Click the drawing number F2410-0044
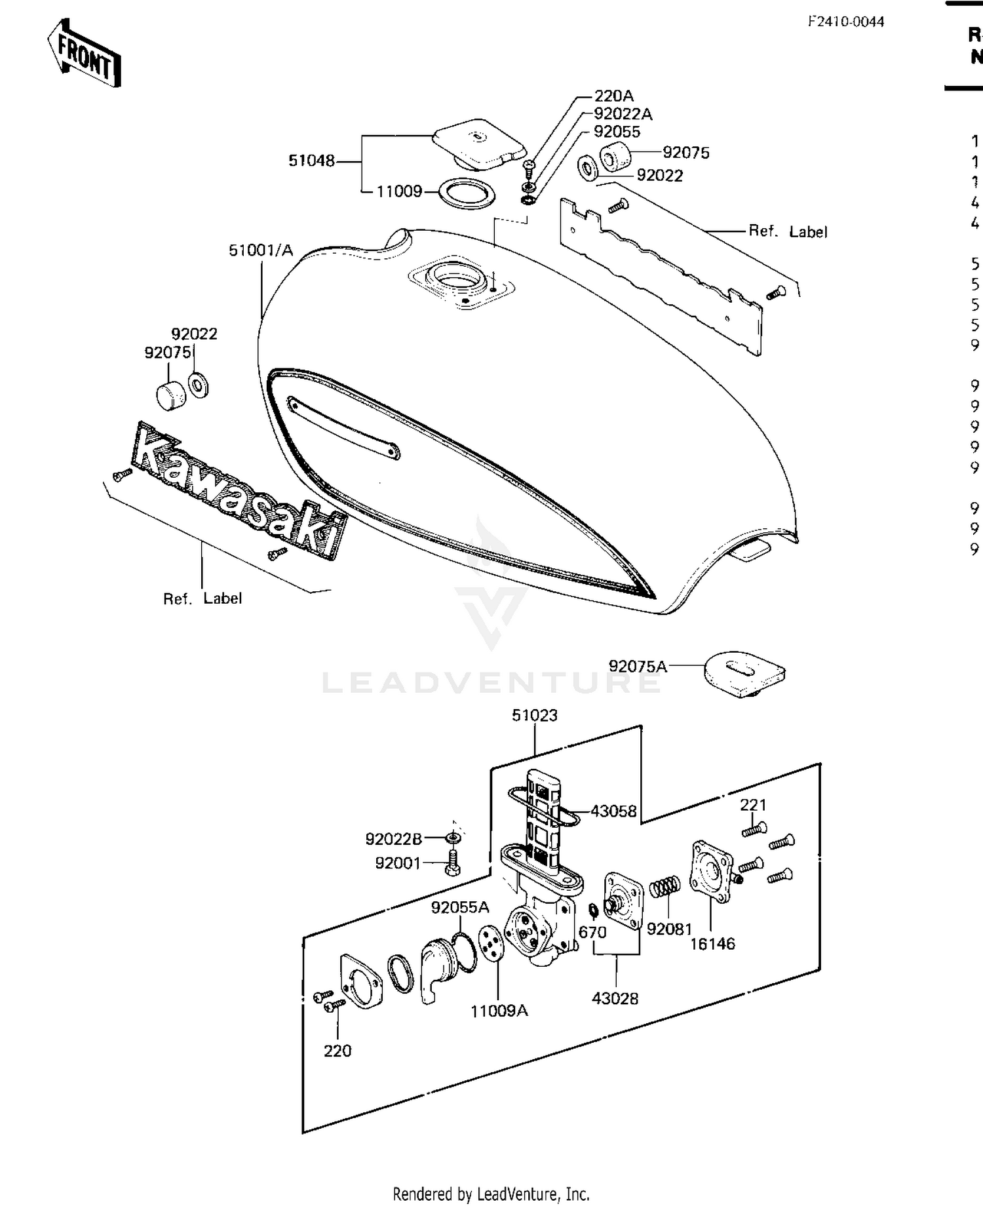tap(845, 22)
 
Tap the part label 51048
tap(311, 161)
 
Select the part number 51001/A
tap(261, 250)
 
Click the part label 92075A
tap(638, 667)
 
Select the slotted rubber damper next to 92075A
tap(744, 673)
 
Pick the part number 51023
tap(535, 715)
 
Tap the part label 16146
tap(712, 944)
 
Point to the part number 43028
tap(615, 998)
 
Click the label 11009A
tap(499, 1011)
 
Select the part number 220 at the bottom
tap(337, 1051)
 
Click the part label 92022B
tap(393, 839)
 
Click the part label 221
tap(753, 805)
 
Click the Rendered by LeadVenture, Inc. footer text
tap(491, 1194)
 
